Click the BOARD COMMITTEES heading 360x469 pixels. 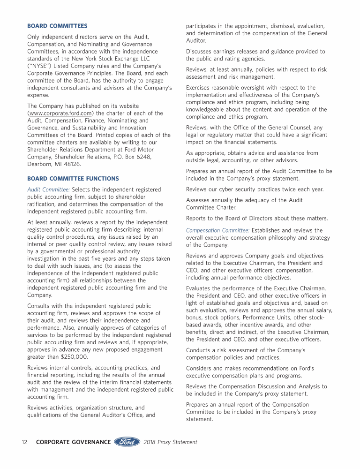[x=57, y=26]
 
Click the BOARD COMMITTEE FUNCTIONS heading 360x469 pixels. [x=73, y=179]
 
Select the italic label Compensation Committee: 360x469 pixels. [x=217, y=230]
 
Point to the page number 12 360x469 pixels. [x=25, y=442]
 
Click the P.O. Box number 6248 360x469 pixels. [x=142, y=157]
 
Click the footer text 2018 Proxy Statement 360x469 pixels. [x=171, y=442]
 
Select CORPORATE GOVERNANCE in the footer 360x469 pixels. [x=74, y=442]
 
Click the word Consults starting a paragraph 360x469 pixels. [x=40, y=306]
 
